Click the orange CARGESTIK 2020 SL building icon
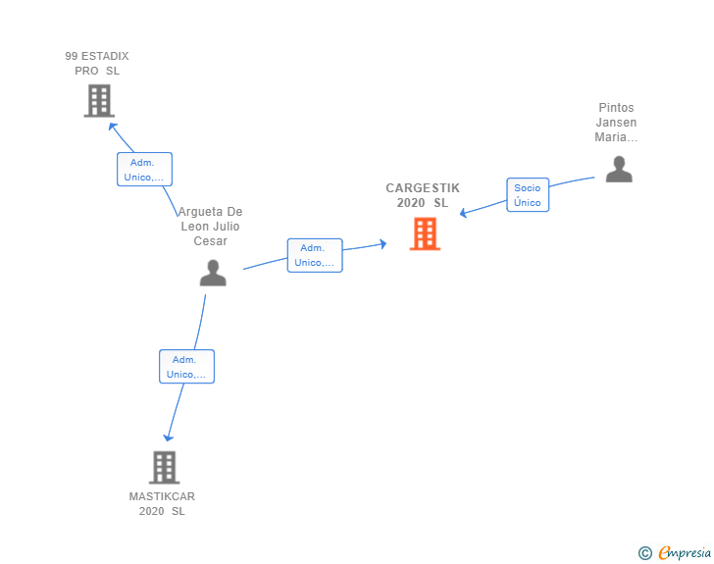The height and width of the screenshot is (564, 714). [425, 233]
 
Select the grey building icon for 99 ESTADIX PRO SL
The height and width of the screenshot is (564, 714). [99, 101]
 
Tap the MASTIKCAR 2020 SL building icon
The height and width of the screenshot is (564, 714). [165, 468]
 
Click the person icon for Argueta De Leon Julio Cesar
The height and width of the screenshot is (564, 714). [213, 273]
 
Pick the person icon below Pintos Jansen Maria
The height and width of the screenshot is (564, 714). [619, 169]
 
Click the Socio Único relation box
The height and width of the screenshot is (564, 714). [528, 195]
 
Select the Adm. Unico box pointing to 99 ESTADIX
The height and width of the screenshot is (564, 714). [144, 170]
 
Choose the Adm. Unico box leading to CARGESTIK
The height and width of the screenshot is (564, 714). [315, 255]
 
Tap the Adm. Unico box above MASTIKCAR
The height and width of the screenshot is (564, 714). [186, 366]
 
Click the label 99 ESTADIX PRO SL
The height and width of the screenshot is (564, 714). [97, 64]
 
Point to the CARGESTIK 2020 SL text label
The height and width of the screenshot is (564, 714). [423, 195]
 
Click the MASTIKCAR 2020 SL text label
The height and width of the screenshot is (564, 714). [162, 504]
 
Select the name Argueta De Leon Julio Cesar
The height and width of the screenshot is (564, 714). [210, 226]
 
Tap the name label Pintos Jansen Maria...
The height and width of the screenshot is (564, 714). [616, 122]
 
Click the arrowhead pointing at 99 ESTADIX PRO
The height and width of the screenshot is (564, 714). [113, 127]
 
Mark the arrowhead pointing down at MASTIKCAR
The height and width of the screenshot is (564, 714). [169, 437]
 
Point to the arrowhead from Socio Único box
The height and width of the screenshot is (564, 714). [464, 213]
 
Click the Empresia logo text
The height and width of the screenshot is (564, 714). [685, 552]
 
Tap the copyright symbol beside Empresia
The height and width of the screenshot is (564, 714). [645, 553]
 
